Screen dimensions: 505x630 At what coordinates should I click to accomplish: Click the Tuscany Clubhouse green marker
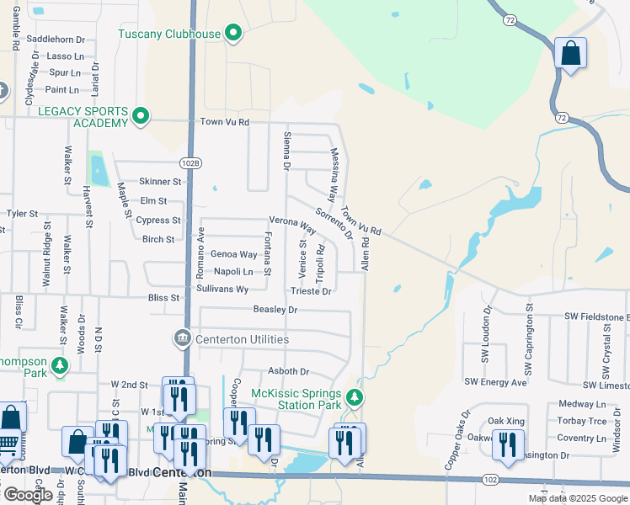pos(234,34)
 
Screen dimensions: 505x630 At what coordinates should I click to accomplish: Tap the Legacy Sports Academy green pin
pos(141,117)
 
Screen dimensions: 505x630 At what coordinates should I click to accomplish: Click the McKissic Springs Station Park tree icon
pos(355,396)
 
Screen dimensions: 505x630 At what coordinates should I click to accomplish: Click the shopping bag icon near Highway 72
pos(570,54)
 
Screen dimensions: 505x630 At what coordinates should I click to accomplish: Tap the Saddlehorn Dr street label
pos(56,40)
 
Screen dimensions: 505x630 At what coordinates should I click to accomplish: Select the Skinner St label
pos(160,181)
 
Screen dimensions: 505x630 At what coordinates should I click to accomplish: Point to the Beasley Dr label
pos(275,310)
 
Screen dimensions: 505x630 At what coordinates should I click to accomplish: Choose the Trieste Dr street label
pos(311,291)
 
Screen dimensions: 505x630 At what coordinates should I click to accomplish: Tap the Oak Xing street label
pos(505,421)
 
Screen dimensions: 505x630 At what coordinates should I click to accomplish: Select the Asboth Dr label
pos(288,371)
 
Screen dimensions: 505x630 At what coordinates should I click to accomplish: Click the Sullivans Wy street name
pos(222,289)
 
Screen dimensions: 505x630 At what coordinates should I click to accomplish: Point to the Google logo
pos(28,494)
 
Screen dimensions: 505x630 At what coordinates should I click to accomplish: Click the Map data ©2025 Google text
pos(578,498)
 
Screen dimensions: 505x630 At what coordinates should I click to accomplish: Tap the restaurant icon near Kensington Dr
pos(507,444)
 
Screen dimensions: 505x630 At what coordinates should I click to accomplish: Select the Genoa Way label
pos(233,254)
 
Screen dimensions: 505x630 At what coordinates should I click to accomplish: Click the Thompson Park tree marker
pos(59,365)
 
